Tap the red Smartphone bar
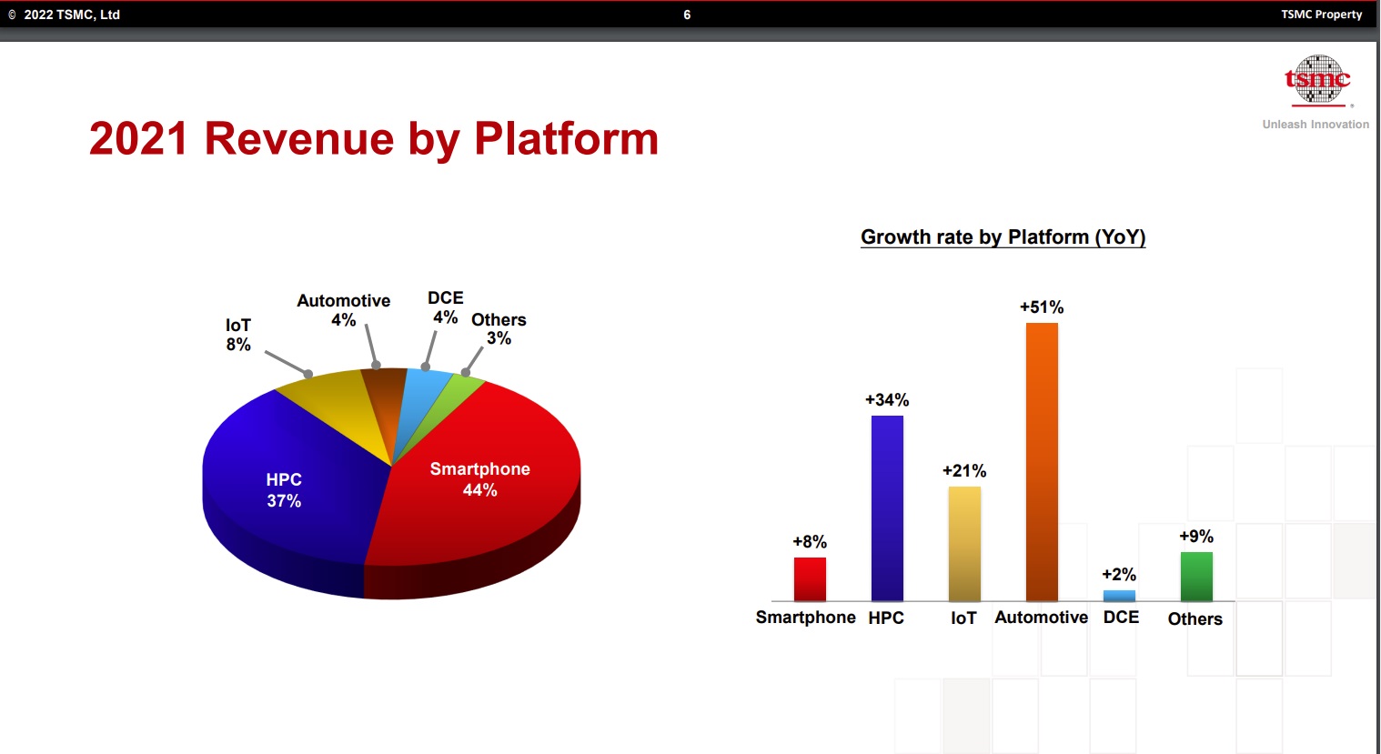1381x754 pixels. [x=810, y=578]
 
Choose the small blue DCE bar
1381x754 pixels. [x=1119, y=596]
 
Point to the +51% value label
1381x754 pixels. [x=1042, y=307]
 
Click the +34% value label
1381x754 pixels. [x=887, y=400]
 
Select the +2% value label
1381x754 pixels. [x=1119, y=575]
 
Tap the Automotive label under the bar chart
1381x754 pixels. [x=1041, y=618]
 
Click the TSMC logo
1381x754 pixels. [x=1316, y=81]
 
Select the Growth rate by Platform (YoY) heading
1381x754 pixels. [x=1003, y=237]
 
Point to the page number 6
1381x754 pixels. [x=687, y=15]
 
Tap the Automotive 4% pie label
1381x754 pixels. [x=344, y=310]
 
